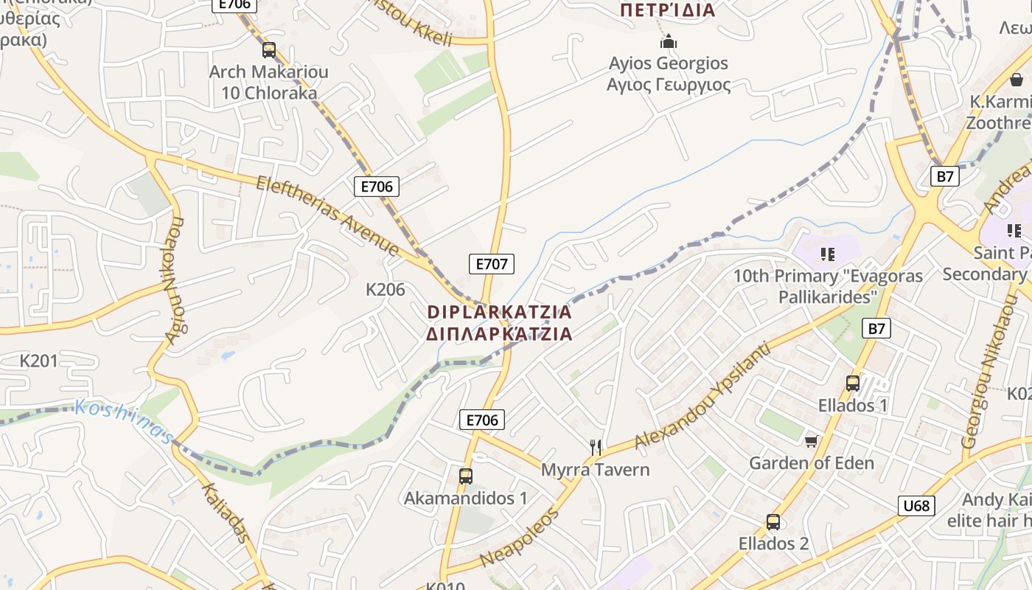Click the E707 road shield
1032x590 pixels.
[x=492, y=263]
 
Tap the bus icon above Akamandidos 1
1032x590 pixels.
[x=465, y=476]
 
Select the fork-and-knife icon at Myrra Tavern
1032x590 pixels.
[x=596, y=447]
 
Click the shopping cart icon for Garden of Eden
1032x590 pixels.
[x=811, y=441]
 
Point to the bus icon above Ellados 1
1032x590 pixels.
[x=853, y=383]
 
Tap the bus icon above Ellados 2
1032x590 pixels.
[x=773, y=521]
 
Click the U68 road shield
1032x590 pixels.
[x=916, y=506]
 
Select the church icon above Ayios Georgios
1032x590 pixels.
[x=668, y=41]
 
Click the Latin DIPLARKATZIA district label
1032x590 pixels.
[x=499, y=312]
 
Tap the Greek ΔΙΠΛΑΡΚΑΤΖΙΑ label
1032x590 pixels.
[x=499, y=334]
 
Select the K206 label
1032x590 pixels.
[x=386, y=290]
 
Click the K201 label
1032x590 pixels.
[x=38, y=361]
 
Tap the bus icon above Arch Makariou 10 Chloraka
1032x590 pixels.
[x=269, y=50]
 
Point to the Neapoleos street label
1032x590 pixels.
[x=519, y=538]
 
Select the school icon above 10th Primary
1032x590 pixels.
[x=827, y=254]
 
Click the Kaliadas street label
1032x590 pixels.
[x=224, y=512]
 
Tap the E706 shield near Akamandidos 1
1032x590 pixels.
[x=482, y=420]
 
